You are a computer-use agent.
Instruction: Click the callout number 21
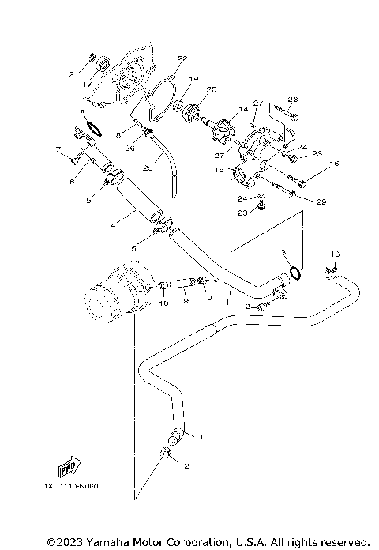pyautogui.click(x=73, y=74)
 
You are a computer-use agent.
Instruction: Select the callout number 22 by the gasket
pyautogui.click(x=182, y=58)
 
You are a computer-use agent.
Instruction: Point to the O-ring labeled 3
pyautogui.click(x=293, y=273)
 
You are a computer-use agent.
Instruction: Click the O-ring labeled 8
pyautogui.click(x=92, y=126)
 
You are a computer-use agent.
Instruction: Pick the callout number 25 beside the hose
pyautogui.click(x=147, y=168)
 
